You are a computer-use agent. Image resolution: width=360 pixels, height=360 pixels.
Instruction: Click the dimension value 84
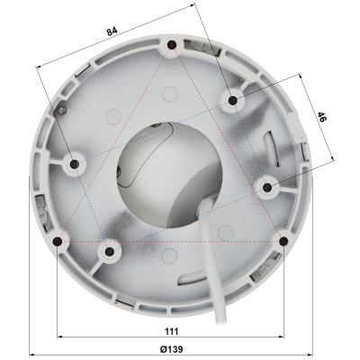(112, 31)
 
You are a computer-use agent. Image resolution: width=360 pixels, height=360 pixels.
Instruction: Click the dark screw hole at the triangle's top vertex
(170, 45)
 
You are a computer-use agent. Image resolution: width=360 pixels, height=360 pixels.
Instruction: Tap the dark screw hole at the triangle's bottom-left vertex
(58, 241)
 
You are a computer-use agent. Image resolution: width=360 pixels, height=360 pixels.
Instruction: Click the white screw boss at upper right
(232, 100)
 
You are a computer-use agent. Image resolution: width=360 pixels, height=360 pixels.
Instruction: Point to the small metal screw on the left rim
(62, 110)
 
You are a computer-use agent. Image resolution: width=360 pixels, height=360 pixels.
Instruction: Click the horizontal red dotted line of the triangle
(171, 241)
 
